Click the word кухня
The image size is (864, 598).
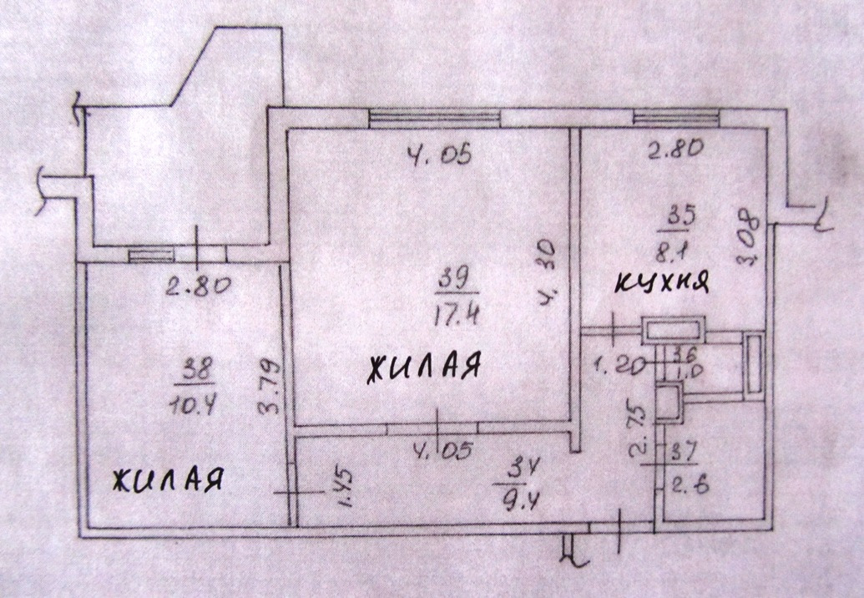tap(660, 283)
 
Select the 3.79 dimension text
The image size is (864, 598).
tap(270, 388)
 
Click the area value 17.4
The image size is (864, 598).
tap(458, 316)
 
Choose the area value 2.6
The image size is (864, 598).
tap(686, 485)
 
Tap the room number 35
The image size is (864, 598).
tap(681, 213)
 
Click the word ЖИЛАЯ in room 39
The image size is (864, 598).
tap(423, 367)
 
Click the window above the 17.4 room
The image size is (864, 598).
tap(435, 118)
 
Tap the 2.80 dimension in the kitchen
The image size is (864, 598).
tap(675, 149)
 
